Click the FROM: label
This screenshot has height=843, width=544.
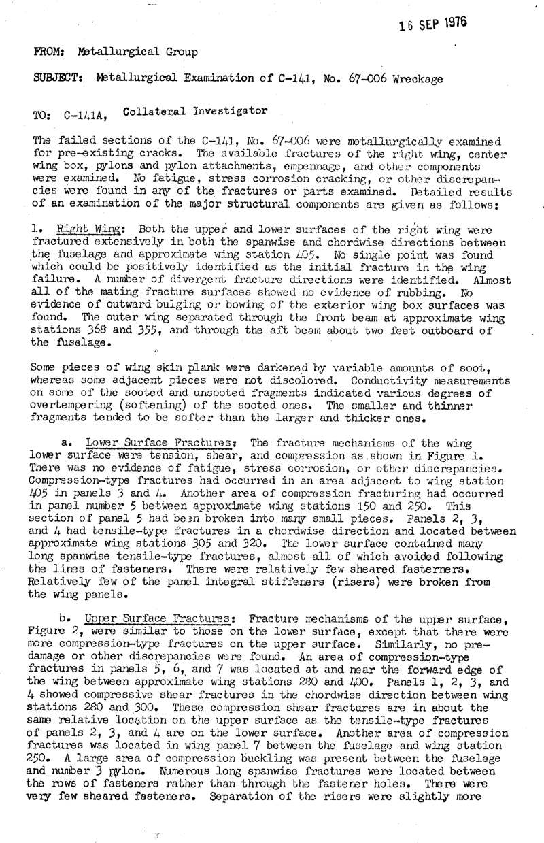48,52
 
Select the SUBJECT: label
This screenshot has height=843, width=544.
56,78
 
